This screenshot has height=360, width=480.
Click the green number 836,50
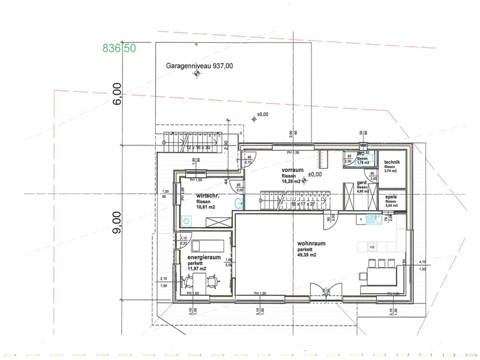119,47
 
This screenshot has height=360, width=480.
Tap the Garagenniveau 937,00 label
199,66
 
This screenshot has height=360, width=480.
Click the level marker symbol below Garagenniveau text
197,75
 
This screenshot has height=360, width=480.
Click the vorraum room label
293,170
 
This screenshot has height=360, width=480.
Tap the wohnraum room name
312,243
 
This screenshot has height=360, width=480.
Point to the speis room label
391,197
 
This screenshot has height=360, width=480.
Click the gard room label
362,183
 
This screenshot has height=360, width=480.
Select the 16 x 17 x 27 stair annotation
302,204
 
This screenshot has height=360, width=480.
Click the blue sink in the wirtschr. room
238,202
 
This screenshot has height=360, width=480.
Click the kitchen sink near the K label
371,219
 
